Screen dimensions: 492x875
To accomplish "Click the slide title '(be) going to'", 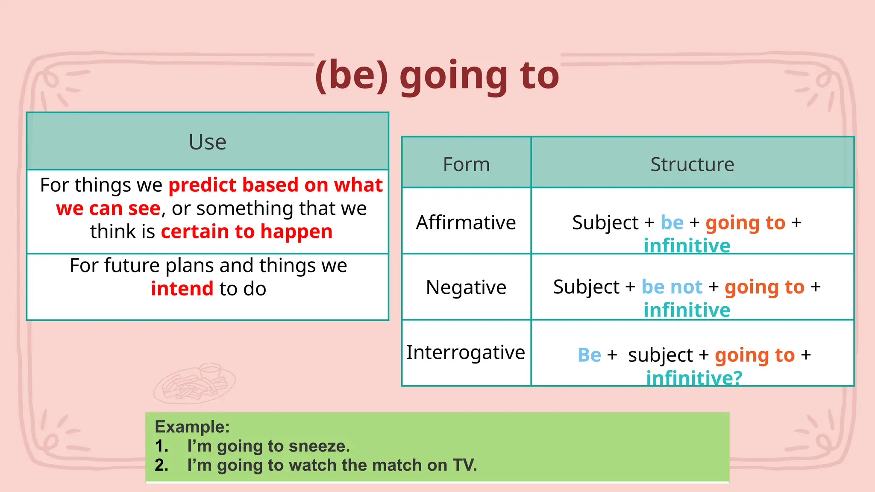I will coord(437,76).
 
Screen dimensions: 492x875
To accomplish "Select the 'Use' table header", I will coord(207,142).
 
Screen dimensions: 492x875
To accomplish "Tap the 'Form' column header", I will coord(466,164).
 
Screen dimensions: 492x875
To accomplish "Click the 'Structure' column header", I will coord(692,164).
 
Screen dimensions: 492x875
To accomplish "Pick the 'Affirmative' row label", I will coord(466,223).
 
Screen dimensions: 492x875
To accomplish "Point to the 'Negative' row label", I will coord(466,287).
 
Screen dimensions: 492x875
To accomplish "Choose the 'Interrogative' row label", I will coord(466,352).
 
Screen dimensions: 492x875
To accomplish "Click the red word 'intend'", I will coord(182,289).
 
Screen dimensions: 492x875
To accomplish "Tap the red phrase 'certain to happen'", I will coord(247,231).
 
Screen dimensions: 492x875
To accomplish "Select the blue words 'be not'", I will coord(672,287).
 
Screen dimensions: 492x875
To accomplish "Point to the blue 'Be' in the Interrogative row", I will coord(589,355).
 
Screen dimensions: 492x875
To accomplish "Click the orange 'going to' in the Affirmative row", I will coord(745,223).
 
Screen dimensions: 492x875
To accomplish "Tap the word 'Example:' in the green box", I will coord(192,427).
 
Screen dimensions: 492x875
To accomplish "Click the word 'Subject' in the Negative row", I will coord(586,287).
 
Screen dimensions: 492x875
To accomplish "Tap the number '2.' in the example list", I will coord(161,465).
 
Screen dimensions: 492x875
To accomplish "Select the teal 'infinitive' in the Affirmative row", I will coord(687,246).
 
